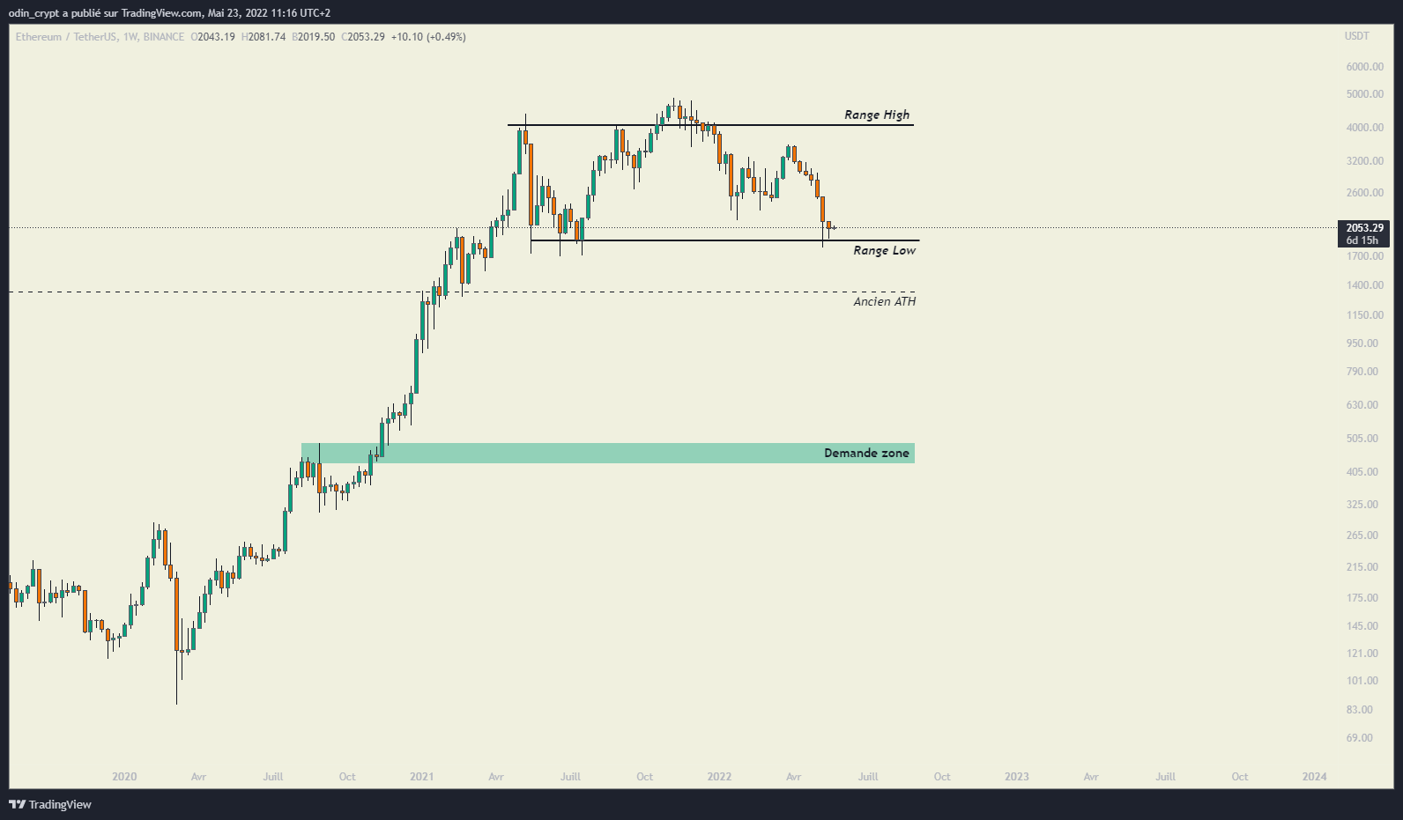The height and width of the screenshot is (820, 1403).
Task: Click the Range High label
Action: pyautogui.click(x=876, y=115)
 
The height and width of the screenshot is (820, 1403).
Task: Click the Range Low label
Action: pyautogui.click(x=884, y=250)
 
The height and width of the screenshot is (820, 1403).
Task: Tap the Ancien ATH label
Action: pyautogui.click(x=884, y=301)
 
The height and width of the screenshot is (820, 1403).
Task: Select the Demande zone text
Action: pyautogui.click(x=865, y=453)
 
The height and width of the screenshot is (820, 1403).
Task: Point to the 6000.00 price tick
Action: pyautogui.click(x=1364, y=67)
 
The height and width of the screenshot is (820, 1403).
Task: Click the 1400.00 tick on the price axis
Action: pyautogui.click(x=1364, y=285)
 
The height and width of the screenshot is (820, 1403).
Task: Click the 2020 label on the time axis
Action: pyautogui.click(x=124, y=777)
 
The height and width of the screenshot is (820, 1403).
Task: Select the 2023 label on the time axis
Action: pyautogui.click(x=1016, y=777)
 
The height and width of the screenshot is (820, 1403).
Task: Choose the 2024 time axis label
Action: pyautogui.click(x=1314, y=777)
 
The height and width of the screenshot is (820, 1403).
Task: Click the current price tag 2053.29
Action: pyautogui.click(x=1363, y=228)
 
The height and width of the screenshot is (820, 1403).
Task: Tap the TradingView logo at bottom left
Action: pyautogui.click(x=50, y=804)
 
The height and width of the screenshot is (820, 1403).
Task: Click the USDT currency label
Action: pyautogui.click(x=1356, y=36)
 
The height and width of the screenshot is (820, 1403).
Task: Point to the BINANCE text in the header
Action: pyautogui.click(x=164, y=37)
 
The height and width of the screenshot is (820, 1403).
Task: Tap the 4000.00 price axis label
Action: pyautogui.click(x=1364, y=128)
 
